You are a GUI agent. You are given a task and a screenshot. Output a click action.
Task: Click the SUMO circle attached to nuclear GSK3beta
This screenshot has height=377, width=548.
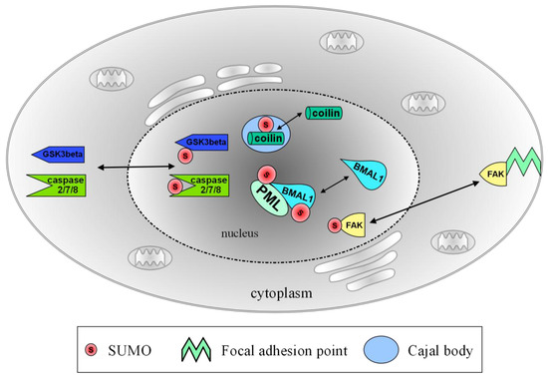pyautogui.click(x=184, y=157)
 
